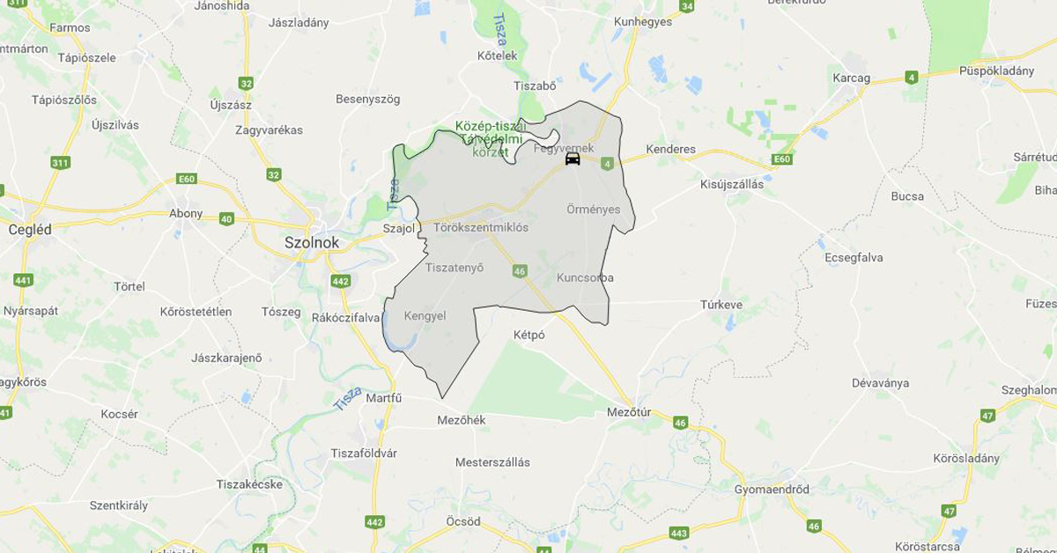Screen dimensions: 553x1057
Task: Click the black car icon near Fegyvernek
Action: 573,159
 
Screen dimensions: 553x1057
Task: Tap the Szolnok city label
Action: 311,241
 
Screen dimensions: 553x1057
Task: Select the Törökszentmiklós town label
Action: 481,227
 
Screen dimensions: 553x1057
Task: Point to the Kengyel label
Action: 425,315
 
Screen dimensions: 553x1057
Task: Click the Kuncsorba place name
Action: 585,277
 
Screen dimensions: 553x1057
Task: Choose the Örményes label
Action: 594,210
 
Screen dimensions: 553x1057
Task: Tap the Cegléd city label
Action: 29,229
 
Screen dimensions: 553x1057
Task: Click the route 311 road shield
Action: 61,163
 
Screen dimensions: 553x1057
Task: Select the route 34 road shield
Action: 687,7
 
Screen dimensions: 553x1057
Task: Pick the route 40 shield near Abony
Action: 226,218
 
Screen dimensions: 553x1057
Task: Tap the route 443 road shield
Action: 678,533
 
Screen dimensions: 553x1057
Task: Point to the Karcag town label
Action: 851,77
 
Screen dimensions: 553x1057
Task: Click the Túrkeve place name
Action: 721,305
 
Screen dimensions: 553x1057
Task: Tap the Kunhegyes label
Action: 643,21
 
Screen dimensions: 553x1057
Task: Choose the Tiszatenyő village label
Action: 455,268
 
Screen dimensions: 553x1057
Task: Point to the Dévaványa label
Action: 880,383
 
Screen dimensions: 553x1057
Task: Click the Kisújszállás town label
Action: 732,185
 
